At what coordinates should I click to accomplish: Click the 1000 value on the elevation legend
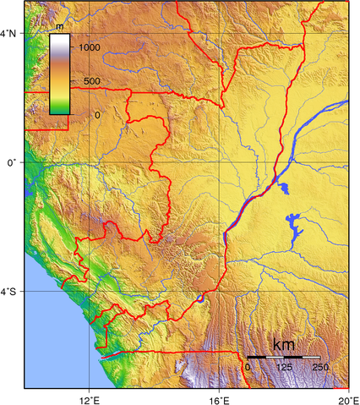tap(90, 48)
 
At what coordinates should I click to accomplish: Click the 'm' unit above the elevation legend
tap(60, 29)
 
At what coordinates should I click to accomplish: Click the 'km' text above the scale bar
tap(283, 345)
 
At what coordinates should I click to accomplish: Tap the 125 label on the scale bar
tap(283, 367)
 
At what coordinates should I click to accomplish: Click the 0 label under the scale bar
tap(248, 367)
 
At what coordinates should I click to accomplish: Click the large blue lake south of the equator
tap(295, 228)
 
